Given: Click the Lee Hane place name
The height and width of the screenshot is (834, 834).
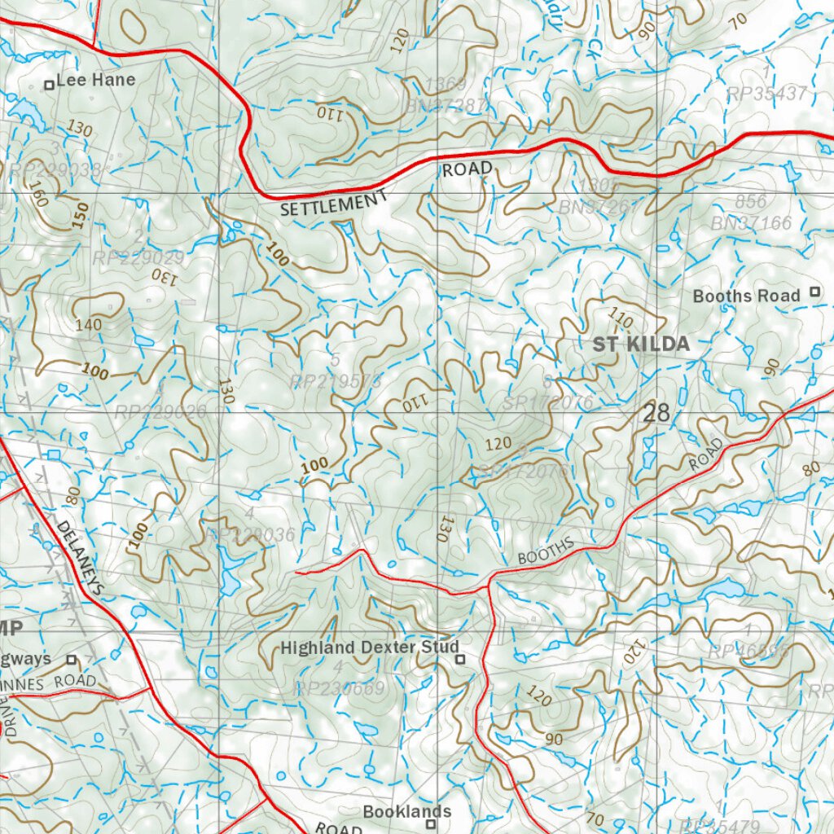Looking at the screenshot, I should point(102,81).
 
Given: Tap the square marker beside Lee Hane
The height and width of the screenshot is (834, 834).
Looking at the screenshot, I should point(49,84).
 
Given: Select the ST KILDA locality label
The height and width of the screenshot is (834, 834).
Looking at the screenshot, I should point(641,345).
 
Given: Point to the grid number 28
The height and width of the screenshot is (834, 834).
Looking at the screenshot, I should point(656,413).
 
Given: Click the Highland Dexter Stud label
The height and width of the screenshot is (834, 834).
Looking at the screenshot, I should point(364,647).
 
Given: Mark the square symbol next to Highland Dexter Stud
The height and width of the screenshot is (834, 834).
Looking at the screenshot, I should point(459,659).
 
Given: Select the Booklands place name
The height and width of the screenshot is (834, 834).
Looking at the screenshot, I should point(407,811).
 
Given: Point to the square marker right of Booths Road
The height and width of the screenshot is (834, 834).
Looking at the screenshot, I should point(814,292).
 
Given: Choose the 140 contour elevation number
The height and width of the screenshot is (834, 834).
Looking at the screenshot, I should point(88,325).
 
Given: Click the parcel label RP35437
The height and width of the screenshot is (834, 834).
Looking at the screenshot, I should point(766,94).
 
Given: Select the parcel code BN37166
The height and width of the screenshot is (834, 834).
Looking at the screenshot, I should point(751,222).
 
